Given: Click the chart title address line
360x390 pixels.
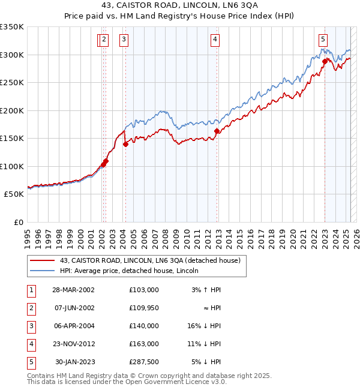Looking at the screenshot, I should coord(179,6).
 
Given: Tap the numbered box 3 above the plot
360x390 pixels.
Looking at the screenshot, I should coord(124,40).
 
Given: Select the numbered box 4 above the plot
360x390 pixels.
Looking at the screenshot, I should coord(214,40).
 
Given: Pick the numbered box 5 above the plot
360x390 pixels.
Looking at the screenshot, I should coord(323,40).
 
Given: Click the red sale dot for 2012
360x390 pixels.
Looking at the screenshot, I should coord(217,131).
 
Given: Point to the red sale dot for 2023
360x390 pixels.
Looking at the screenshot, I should coord(325,61).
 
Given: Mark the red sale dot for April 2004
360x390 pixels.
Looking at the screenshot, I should coord(125,144).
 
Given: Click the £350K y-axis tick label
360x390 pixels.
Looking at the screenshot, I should coord(12,27).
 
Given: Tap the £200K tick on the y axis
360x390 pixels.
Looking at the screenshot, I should coord(12,110).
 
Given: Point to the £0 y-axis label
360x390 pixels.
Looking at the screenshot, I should coord(17,222).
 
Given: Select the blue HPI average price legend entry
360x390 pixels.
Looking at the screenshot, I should coord(133,271).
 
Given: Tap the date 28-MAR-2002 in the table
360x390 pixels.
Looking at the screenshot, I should coord(73,290).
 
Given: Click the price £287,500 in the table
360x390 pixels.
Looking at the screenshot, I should coord(143,362).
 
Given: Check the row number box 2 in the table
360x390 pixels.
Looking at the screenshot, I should coord(31,308).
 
